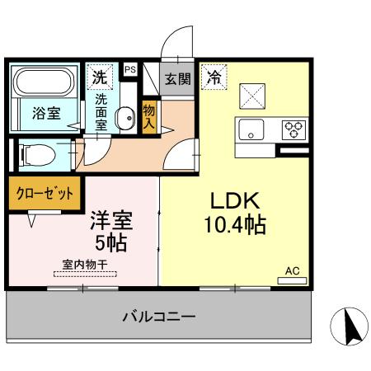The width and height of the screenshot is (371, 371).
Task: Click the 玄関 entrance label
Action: point(176,79)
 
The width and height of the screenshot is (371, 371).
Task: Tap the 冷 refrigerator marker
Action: point(213,78)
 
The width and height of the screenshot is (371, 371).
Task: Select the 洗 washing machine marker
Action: point(99,78)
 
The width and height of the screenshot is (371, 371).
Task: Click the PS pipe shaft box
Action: point(129,71)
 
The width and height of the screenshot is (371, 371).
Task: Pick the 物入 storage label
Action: point(149,115)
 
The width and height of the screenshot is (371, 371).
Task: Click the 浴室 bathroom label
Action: point(45,114)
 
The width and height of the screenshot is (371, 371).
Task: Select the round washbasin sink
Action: point(125,120)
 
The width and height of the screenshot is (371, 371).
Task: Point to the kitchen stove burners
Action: point(294,129)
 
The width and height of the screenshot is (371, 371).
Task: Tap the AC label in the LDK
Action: point(292,270)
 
